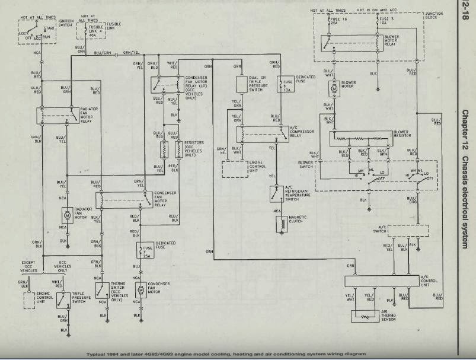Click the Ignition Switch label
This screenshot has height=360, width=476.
pos(65,23)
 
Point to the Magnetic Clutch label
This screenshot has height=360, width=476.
pos(296,219)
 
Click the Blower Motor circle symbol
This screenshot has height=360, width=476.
pos(333,88)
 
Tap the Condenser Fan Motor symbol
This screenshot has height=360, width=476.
pos(141,290)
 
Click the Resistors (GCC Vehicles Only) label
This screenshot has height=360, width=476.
pos(194,147)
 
